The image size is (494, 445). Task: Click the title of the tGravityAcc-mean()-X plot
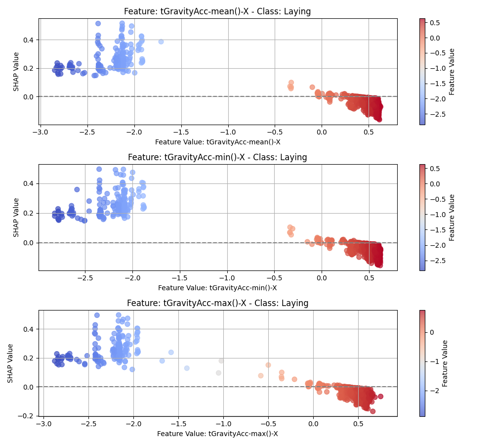coord(217,11)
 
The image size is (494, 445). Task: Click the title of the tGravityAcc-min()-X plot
coord(217,157)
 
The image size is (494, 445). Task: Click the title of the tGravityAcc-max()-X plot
coord(217,303)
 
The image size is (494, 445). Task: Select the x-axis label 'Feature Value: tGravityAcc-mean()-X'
coord(217,142)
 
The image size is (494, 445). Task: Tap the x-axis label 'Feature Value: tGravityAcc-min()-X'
coord(217,288)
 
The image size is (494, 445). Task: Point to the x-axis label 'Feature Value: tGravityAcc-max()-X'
coord(217,434)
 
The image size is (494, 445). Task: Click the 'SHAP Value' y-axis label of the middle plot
coord(16,218)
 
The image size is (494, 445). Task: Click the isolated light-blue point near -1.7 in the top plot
coord(161,42)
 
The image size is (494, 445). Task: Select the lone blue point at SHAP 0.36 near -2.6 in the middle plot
coord(77,189)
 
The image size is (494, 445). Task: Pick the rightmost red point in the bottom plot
coord(380,396)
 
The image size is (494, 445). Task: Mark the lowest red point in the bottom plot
coord(372,411)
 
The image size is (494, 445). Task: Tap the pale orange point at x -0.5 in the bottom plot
coord(268,365)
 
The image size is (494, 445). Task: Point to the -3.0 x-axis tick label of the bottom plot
coord(43,424)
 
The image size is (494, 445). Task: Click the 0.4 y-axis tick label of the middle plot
coord(28,183)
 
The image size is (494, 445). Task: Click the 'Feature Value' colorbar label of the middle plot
coord(451,218)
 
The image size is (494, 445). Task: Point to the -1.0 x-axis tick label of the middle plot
coord(227,278)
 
